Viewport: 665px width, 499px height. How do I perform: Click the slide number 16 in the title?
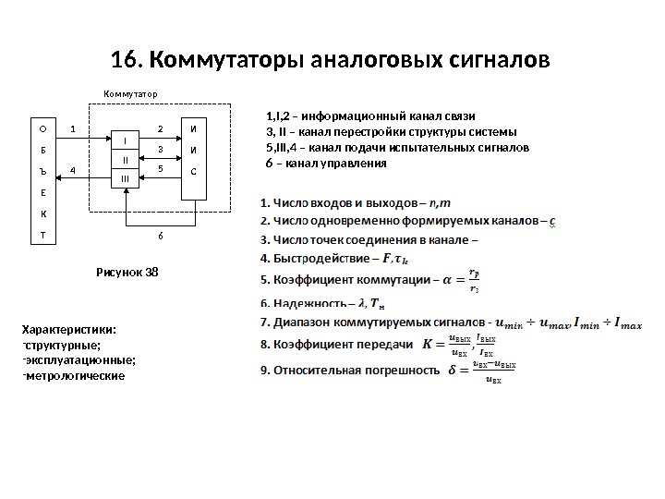[x=123, y=62]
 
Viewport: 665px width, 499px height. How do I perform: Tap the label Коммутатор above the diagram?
[x=130, y=94]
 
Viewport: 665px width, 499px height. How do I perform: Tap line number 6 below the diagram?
[x=159, y=235]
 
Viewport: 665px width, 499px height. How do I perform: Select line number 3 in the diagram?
[x=160, y=148]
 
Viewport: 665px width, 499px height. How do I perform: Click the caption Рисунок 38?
[x=128, y=273]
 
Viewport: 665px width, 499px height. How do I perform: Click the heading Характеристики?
[x=69, y=330]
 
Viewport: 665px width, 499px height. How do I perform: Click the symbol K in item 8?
[x=427, y=346]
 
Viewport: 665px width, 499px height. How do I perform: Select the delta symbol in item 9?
[x=452, y=371]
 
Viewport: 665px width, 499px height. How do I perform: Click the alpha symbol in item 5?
[x=449, y=278]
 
